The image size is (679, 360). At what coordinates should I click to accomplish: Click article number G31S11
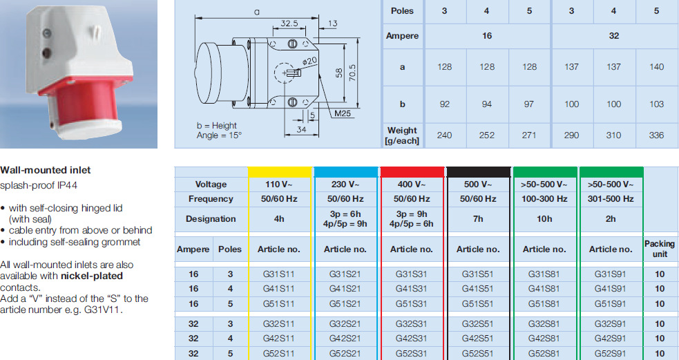tap(278, 274)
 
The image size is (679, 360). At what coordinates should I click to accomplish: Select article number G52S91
tap(610, 354)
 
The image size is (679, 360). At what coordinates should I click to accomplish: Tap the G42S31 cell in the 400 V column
tap(412, 339)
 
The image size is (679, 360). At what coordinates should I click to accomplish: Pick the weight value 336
tap(656, 135)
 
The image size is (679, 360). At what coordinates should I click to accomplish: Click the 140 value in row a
tap(656, 67)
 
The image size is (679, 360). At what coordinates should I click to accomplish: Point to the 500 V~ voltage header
tap(478, 184)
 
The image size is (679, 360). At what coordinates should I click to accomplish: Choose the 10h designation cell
tap(544, 219)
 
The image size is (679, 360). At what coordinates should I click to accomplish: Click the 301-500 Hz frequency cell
tap(611, 199)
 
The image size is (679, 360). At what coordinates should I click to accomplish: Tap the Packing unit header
tap(660, 249)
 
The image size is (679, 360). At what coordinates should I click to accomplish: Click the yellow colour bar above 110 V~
tap(280, 172)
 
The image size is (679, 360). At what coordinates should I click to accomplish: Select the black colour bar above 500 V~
tap(479, 172)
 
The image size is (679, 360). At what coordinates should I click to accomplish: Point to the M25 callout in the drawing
tap(342, 114)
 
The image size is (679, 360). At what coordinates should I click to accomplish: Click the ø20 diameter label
tap(309, 61)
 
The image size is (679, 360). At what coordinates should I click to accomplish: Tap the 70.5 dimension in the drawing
tap(352, 73)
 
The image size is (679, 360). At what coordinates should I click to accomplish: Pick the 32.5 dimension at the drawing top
tap(289, 23)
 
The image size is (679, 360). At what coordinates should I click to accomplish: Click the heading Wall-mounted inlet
tap(46, 170)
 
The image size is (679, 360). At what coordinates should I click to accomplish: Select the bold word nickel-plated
tap(92, 276)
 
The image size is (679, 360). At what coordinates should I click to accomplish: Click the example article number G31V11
tap(106, 310)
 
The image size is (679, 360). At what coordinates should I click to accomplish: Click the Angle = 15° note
tap(219, 135)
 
